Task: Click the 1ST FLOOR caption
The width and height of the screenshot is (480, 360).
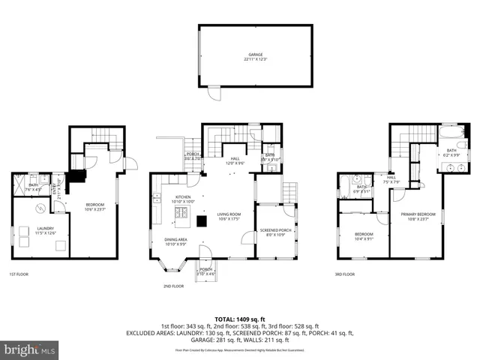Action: [19, 274]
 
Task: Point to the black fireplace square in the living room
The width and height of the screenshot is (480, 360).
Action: [201, 220]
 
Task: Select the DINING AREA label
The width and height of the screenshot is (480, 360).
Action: [176, 241]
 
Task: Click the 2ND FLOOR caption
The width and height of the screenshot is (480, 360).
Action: [173, 286]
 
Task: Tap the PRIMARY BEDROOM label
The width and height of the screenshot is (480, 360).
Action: [418, 216]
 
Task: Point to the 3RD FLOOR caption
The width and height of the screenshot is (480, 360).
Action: [345, 274]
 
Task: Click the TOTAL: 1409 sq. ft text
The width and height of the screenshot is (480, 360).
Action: [239, 318]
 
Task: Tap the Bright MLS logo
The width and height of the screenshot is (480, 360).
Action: [30, 349]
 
